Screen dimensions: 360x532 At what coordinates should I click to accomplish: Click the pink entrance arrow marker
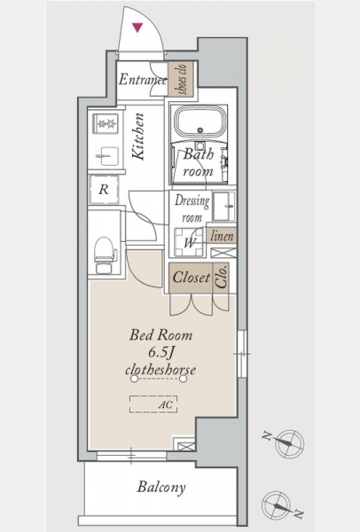137,27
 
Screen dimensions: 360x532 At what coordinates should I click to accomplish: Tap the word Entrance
143,80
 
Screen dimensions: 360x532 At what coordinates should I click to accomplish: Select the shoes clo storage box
181,79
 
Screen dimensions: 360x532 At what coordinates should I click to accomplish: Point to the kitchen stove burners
107,124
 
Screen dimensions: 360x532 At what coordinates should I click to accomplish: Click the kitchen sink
107,156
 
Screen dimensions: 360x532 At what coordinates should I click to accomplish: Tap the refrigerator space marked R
104,190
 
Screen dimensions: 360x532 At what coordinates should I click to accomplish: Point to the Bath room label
199,162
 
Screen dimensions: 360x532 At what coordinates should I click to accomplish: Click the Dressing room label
192,208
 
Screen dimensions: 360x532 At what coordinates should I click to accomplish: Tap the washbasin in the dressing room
224,206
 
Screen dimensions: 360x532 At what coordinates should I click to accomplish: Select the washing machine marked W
190,242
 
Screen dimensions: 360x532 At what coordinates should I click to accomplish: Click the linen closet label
222,236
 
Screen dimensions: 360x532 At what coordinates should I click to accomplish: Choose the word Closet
192,278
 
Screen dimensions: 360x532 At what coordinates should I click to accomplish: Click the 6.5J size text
161,353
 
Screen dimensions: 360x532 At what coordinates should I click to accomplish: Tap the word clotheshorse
160,369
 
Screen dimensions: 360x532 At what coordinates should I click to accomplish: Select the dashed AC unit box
153,404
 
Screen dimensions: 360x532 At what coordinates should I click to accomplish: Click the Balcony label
161,488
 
